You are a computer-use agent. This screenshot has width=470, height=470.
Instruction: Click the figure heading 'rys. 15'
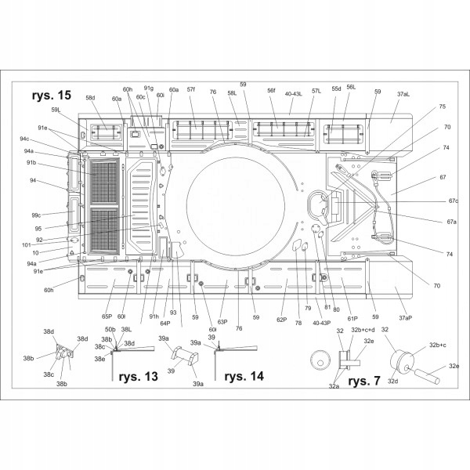(x=52, y=96)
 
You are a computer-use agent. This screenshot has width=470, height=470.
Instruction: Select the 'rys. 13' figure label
(x=139, y=377)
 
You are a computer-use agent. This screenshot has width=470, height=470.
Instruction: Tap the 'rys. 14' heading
(x=244, y=376)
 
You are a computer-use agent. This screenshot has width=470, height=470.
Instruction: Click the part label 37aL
(x=403, y=94)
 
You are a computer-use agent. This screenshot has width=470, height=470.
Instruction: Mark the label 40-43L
(x=295, y=93)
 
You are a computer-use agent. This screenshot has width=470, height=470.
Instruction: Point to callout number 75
(x=442, y=107)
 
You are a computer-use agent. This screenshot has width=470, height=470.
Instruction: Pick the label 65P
(x=107, y=316)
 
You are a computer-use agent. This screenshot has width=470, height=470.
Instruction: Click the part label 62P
(x=281, y=320)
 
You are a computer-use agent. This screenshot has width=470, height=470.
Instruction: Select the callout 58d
(x=90, y=98)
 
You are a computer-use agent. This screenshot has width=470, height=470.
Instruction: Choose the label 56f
(x=271, y=91)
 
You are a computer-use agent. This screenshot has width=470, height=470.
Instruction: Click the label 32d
(x=392, y=381)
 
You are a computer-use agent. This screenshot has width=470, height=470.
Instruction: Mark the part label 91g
(x=148, y=89)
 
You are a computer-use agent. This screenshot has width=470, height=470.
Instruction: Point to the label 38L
(x=127, y=330)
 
